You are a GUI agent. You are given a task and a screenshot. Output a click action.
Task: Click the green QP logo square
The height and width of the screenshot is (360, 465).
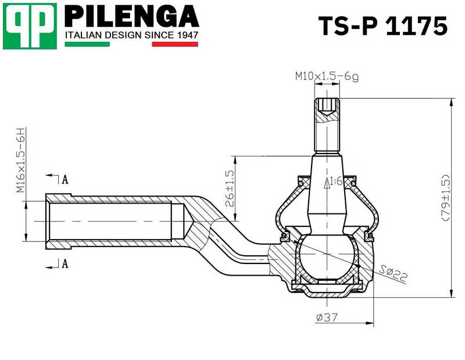tap(30, 26)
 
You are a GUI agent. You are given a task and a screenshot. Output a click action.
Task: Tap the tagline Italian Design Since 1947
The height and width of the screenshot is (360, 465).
tap(131, 35)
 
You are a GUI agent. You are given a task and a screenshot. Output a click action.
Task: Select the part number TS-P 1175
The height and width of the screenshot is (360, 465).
tap(383, 26)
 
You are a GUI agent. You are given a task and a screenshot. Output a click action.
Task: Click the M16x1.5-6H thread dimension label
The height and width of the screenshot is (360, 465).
tap(20, 161)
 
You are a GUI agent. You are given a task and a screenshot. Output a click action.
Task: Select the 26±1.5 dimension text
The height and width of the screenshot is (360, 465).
tap(230, 188)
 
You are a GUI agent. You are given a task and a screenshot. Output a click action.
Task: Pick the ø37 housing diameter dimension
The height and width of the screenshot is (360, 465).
tap(327, 318)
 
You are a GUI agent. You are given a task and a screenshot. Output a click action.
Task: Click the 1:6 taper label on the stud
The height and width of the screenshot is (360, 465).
tap(334, 182)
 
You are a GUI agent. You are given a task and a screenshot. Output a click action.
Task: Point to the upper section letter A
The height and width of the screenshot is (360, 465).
tap(65, 179)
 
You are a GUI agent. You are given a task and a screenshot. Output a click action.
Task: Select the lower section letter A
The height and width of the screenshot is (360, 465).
tap(65, 264)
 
